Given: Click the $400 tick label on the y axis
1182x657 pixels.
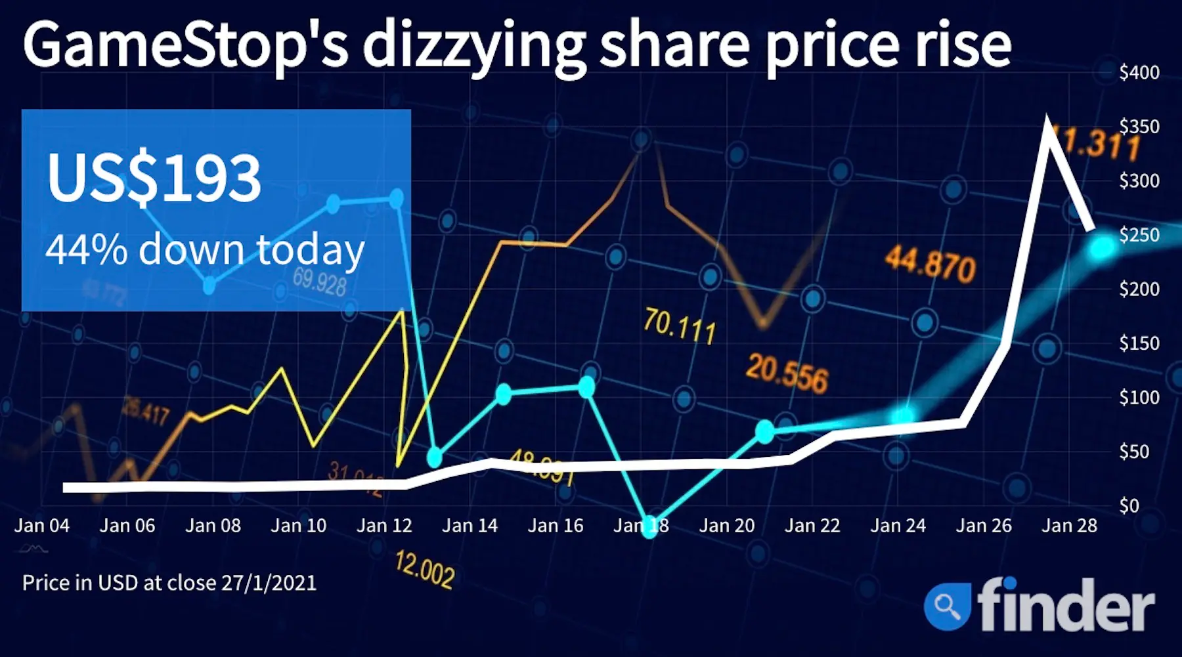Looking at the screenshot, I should click(x=1139, y=72).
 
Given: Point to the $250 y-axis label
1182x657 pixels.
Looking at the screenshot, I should click(x=1139, y=235).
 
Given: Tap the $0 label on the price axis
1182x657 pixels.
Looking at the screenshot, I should click(x=1129, y=506).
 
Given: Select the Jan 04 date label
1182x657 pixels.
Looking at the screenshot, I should click(x=42, y=526).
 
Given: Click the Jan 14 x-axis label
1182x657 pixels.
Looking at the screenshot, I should click(x=470, y=526).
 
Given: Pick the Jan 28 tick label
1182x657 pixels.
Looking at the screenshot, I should click(x=1069, y=526).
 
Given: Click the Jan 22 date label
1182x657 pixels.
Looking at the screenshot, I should click(x=812, y=526).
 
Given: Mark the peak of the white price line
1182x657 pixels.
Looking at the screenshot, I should click(x=1047, y=120).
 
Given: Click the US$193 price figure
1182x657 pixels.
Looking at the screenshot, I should click(x=154, y=178).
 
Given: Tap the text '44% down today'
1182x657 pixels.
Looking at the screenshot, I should click(x=204, y=249).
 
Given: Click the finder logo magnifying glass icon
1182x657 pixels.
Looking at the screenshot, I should click(x=947, y=605).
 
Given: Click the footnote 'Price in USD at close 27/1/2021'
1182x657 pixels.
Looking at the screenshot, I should click(x=169, y=583).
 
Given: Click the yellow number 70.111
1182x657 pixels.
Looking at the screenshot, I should click(x=679, y=326).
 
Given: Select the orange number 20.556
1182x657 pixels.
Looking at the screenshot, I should click(x=787, y=373).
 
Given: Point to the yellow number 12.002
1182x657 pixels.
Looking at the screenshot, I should click(x=424, y=570).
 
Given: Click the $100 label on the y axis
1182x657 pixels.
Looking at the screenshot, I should click(x=1139, y=398).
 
